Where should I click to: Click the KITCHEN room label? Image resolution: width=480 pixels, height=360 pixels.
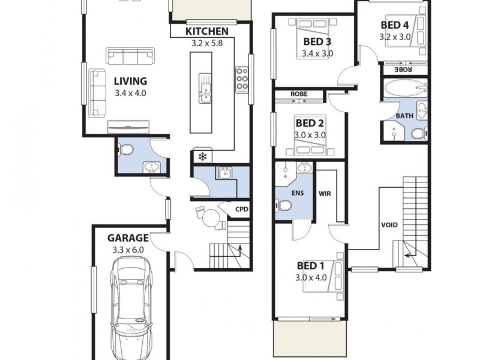206,31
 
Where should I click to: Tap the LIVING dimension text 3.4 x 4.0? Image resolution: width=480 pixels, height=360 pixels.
130,93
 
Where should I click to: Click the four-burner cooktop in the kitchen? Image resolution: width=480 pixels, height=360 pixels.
242,80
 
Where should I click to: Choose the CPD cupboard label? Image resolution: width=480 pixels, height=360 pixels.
242,209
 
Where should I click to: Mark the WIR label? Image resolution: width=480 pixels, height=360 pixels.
325,194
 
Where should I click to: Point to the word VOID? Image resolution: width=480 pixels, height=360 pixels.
389,225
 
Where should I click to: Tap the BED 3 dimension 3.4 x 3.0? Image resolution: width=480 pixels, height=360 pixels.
317,53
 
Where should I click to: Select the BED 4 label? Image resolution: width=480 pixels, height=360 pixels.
395,25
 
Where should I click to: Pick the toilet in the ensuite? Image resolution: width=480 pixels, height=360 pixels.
284,206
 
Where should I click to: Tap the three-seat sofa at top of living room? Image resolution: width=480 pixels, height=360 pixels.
130,56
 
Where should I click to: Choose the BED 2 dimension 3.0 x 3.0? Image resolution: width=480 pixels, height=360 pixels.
310,135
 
